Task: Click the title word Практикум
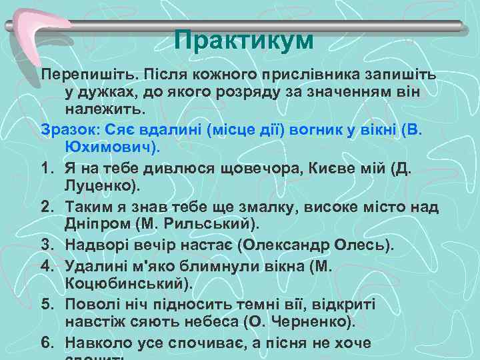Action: (x=243, y=41)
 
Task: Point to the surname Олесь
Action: (x=360, y=244)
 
